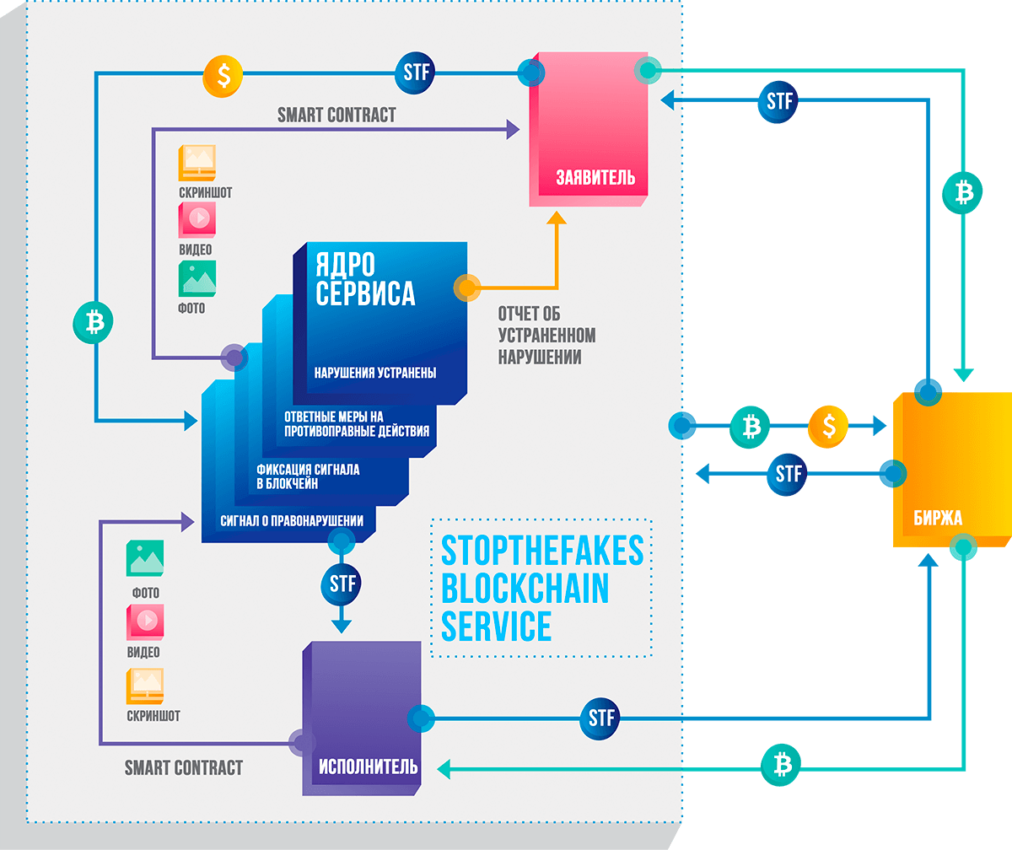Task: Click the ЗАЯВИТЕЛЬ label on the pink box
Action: pyautogui.click(x=595, y=178)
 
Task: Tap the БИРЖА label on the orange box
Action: pyautogui.click(x=937, y=518)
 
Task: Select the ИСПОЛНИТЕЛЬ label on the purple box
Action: pyautogui.click(x=368, y=767)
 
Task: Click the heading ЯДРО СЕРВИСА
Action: pyautogui.click(x=365, y=278)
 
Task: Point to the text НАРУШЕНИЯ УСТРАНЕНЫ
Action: pyautogui.click(x=374, y=373)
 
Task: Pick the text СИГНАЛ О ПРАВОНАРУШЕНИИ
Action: pyautogui.click(x=292, y=520)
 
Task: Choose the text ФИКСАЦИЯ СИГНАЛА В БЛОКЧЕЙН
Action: pyautogui.click(x=308, y=477)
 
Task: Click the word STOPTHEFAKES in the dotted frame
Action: pyautogui.click(x=541, y=551)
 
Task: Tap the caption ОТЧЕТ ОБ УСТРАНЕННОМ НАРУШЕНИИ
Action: pyautogui.click(x=546, y=335)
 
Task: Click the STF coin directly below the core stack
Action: pyautogui.click(x=341, y=583)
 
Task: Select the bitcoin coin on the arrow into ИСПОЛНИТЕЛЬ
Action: pyautogui.click(x=781, y=766)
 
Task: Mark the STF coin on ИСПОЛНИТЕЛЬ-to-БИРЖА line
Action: pyautogui.click(x=600, y=718)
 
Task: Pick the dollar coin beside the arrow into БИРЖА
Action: pyautogui.click(x=828, y=427)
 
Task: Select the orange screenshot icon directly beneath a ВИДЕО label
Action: pyautogui.click(x=144, y=686)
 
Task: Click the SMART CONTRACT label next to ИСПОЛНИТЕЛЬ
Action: pyautogui.click(x=183, y=767)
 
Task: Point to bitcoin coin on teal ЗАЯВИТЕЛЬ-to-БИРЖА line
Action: pyautogui.click(x=962, y=191)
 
